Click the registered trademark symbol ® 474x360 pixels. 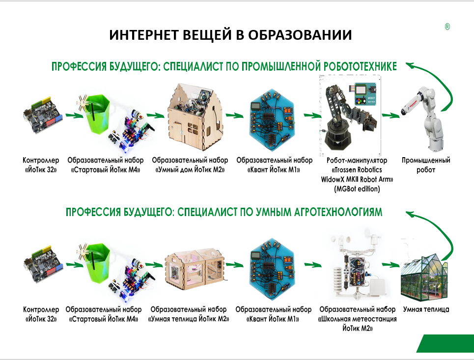click(447, 28)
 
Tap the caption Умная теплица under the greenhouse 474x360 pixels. click(426, 309)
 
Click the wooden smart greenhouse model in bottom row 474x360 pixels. click(194, 267)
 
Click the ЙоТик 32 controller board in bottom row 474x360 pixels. click(42, 265)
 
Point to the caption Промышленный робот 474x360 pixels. click(425, 165)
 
